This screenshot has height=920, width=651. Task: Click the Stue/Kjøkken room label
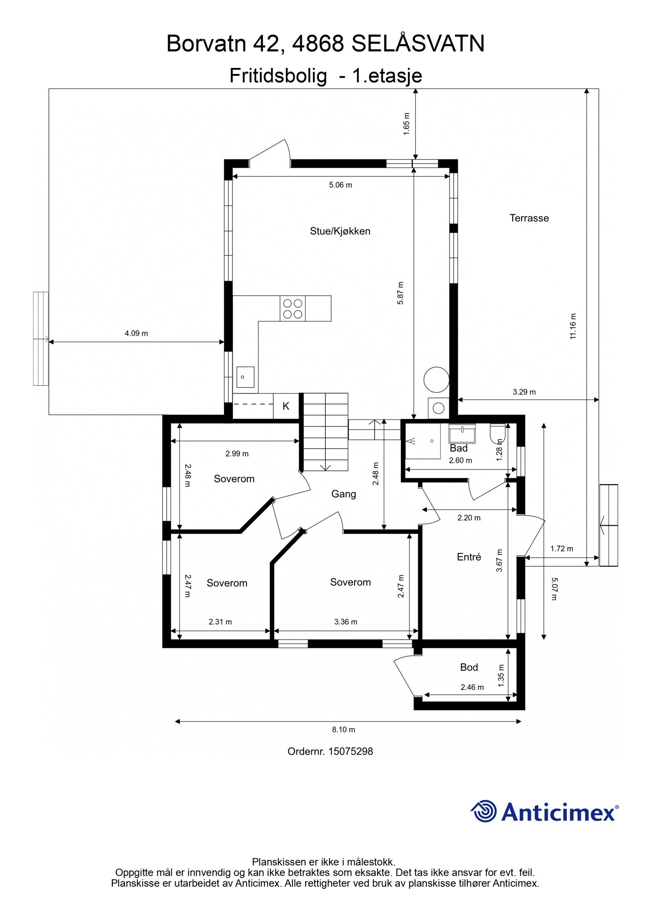pos(340,231)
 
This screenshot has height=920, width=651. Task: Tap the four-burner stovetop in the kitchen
pos(293,309)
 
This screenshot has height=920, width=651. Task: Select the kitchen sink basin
pos(245,377)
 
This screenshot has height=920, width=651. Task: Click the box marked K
pos(286,406)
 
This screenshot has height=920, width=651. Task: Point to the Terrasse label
pos(529,218)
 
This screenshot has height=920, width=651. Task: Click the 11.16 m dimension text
pos(573,326)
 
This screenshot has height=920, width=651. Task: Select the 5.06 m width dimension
pos(340,185)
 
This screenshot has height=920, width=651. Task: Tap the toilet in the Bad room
pos(498,433)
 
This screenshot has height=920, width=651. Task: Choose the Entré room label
pos(469,557)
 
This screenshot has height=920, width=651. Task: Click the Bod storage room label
pos(469,667)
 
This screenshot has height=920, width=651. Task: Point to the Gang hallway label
pos(343,494)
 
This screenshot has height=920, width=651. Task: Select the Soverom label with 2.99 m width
pos(234,479)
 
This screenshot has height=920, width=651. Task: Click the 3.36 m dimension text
pos(345,622)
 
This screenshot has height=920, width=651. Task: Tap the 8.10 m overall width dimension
pos(343,729)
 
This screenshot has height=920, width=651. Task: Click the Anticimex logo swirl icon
pos(484,811)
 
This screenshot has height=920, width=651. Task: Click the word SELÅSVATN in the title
pos(418,43)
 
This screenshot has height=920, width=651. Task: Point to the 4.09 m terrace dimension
pos(136,333)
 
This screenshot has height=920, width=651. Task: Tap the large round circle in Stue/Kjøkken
pos(436,379)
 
